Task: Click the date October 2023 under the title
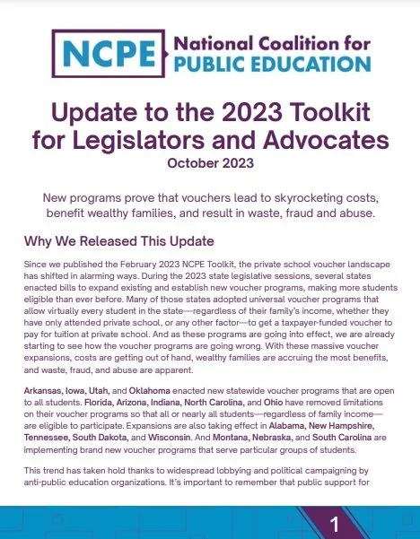210,163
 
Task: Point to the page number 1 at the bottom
334,523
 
